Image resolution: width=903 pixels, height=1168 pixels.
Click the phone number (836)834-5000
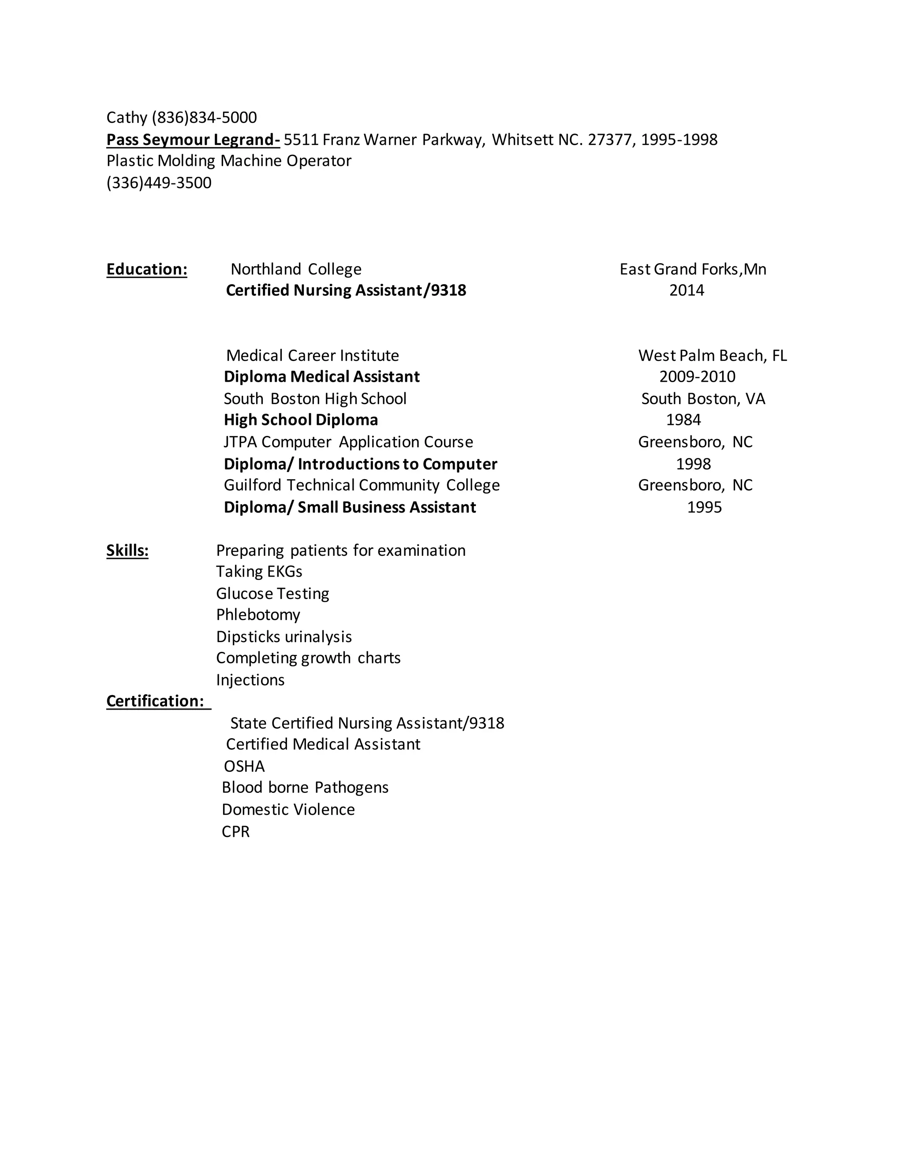point(204,118)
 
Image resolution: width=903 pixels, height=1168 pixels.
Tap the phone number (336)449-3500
point(159,183)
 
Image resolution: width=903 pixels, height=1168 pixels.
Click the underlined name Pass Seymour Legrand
point(192,140)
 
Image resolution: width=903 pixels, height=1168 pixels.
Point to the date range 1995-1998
point(679,140)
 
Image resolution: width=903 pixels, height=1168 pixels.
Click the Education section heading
point(146,269)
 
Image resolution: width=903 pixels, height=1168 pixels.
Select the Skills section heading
point(127,551)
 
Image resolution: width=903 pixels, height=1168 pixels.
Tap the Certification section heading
point(155,701)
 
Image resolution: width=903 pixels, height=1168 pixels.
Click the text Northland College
point(296,269)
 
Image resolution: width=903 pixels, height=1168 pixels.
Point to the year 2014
point(687,290)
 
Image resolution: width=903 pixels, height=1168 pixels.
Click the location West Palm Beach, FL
point(712,356)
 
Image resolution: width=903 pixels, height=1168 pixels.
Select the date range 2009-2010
point(697,377)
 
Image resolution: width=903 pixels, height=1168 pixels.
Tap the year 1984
point(683,420)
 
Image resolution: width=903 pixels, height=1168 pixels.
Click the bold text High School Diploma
point(301,420)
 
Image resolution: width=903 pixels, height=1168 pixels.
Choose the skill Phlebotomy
point(258,615)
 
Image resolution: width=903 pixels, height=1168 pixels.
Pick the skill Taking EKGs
point(259,572)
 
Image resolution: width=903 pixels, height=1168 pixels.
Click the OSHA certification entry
point(244,766)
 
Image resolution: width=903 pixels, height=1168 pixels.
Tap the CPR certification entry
point(235,832)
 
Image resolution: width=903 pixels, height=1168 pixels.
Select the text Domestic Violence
point(288,810)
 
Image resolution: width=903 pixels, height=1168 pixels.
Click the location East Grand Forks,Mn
point(693,269)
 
